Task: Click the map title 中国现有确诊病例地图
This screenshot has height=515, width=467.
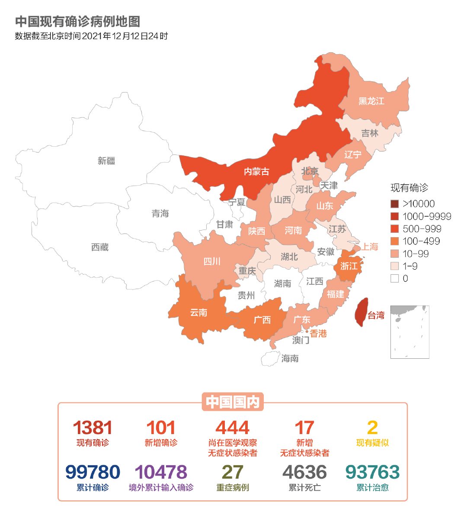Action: pyautogui.click(x=78, y=21)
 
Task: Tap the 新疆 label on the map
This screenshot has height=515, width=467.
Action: pyautogui.click(x=106, y=161)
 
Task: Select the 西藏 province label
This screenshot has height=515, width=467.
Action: pyautogui.click(x=100, y=247)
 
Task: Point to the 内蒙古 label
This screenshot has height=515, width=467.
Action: pyautogui.click(x=256, y=172)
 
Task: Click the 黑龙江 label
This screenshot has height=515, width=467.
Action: pyautogui.click(x=371, y=101)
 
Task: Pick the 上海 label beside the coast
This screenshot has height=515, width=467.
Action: pyautogui.click(x=370, y=247)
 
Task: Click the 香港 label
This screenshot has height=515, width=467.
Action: pyautogui.click(x=318, y=334)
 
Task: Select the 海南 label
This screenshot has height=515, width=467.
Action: pyautogui.click(x=290, y=358)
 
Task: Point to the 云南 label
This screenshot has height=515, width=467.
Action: pyautogui.click(x=198, y=312)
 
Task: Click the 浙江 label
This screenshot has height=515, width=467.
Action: pyautogui.click(x=349, y=266)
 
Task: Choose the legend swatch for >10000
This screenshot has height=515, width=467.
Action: pyautogui.click(x=394, y=204)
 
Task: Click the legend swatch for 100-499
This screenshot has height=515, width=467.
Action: pyautogui.click(x=394, y=241)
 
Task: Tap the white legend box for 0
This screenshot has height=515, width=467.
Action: pyautogui.click(x=394, y=278)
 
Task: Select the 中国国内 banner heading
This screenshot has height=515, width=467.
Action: pyautogui.click(x=233, y=402)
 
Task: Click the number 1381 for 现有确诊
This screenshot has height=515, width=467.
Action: pyautogui.click(x=93, y=428)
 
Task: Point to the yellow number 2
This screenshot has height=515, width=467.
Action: pyautogui.click(x=372, y=428)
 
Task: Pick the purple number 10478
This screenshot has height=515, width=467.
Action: pyautogui.click(x=161, y=472)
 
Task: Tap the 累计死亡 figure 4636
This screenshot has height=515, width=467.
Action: pyautogui.click(x=304, y=472)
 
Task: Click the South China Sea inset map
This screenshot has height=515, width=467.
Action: pyautogui.click(x=409, y=332)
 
